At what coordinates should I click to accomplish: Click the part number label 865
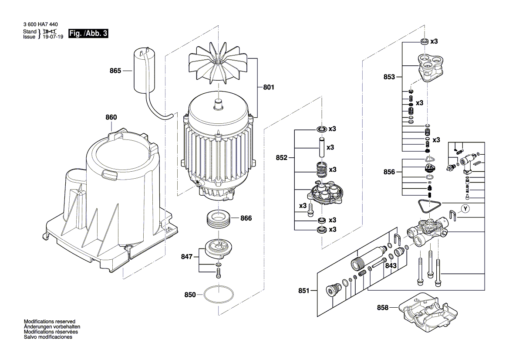tap(115, 71)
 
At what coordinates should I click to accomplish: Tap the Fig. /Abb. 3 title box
tap(88, 34)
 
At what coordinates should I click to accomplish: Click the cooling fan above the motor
tap(219, 64)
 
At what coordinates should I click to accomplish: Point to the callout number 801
tap(269, 87)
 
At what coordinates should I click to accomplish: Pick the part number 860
tap(111, 117)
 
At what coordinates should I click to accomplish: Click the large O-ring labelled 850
tap(219, 294)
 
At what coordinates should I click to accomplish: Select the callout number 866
tap(246, 218)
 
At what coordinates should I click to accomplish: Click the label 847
tap(187, 257)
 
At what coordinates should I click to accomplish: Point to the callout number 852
tap(281, 158)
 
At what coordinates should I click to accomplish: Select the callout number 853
tap(389, 77)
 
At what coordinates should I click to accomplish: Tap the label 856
tap(389, 172)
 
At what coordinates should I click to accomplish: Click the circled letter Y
tap(465, 209)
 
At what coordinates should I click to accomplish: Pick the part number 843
tap(391, 266)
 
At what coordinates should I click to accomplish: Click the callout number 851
tap(304, 290)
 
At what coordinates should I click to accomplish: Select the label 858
tap(382, 307)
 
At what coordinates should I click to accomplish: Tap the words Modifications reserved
tap(50, 321)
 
